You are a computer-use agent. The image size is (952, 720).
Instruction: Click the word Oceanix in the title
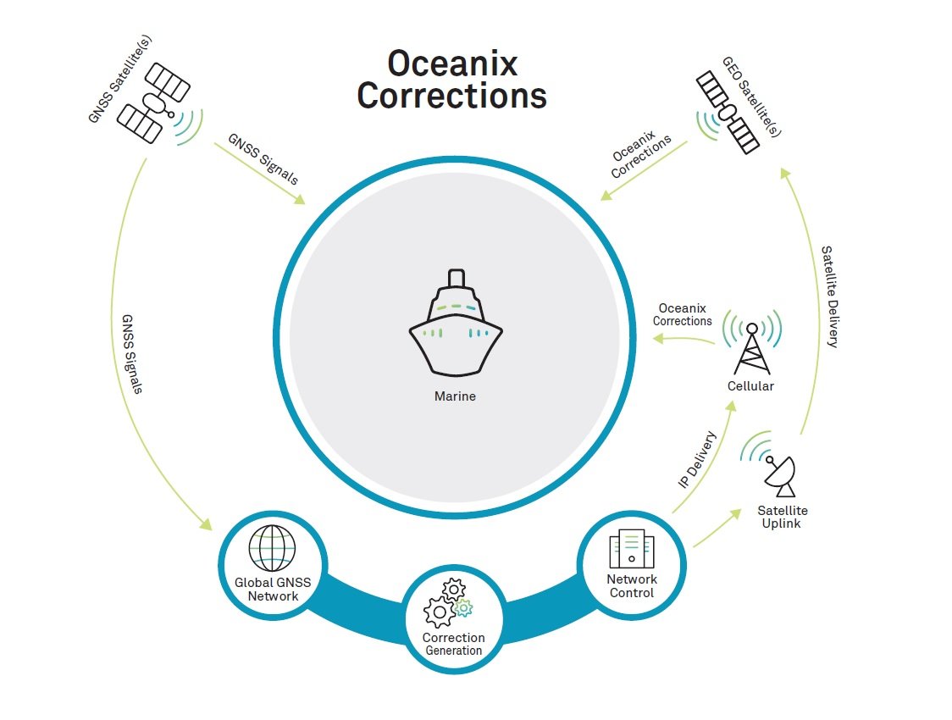pos(452,64)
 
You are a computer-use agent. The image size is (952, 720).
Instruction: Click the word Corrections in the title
pos(452,95)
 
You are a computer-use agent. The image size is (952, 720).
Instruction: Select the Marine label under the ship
pos(456,396)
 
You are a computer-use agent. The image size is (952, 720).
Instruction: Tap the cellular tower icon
pos(751,346)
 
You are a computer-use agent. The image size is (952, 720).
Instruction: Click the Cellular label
pos(751,386)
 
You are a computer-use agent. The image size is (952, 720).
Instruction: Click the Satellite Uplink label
pos(783,517)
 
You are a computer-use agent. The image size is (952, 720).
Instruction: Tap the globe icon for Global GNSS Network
pos(273,547)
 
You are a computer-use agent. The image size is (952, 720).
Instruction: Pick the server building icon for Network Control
pos(631,549)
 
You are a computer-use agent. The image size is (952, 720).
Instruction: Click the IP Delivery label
pos(698,460)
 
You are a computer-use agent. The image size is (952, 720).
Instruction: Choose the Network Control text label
pos(632,586)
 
